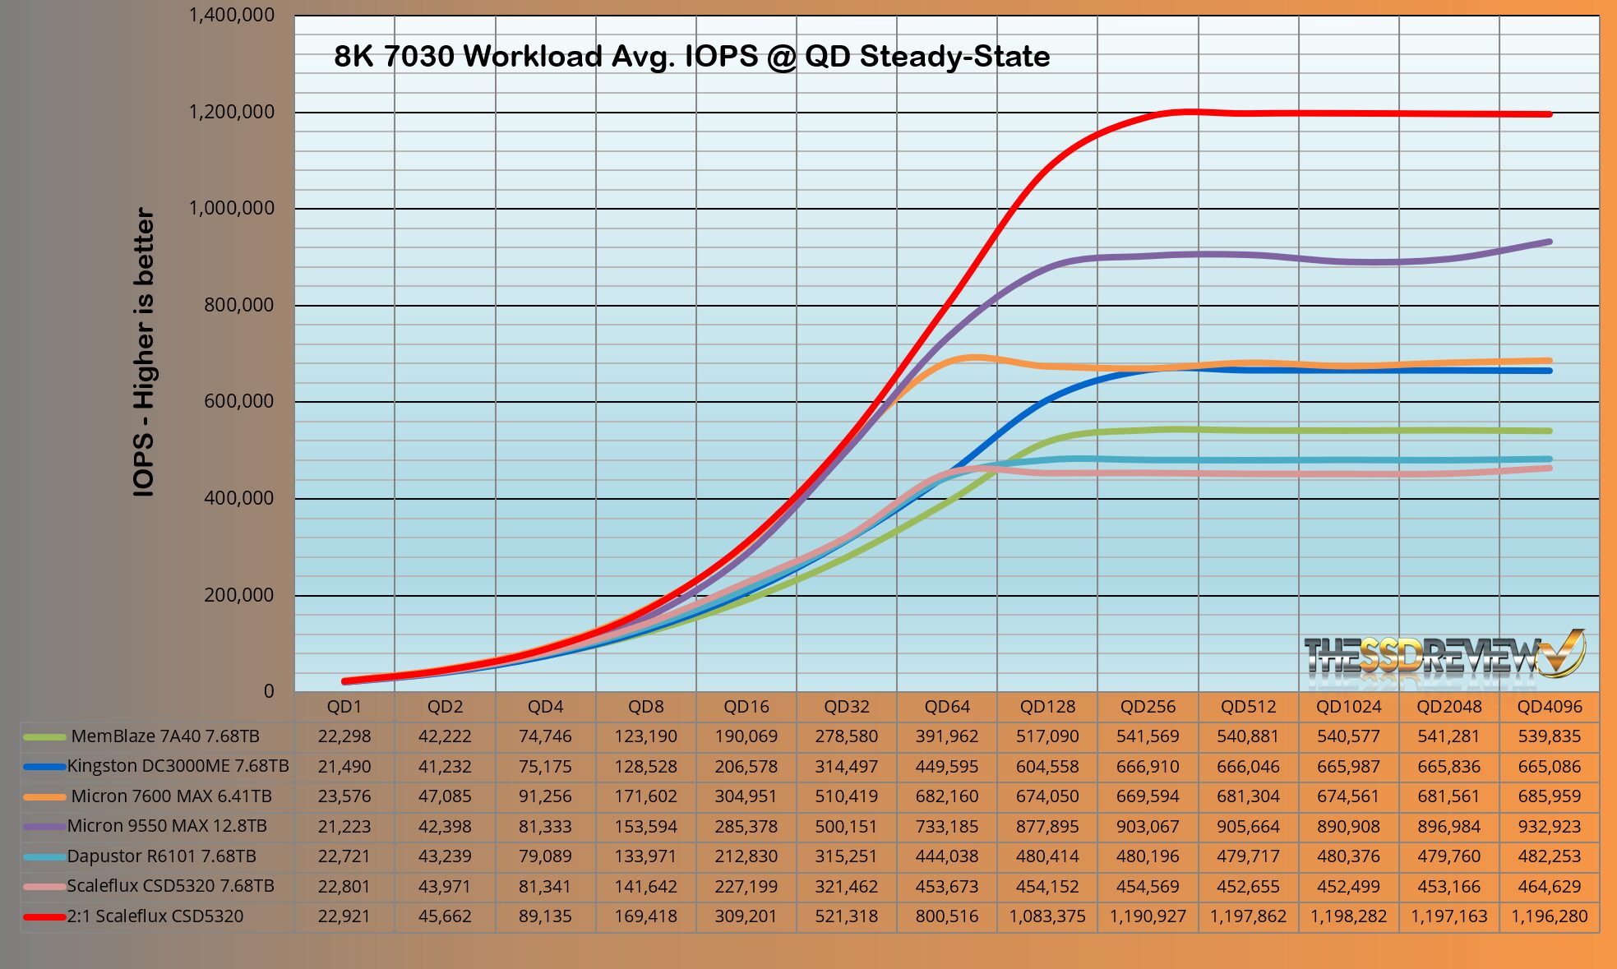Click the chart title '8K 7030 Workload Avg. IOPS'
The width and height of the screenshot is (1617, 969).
click(691, 57)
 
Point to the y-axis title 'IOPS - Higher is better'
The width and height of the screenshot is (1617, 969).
click(144, 352)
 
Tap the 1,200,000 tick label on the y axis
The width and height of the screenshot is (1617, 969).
click(232, 112)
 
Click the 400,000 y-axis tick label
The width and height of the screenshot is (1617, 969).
click(238, 498)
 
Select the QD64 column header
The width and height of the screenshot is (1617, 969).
click(947, 707)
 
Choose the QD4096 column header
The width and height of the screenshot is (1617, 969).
click(1550, 707)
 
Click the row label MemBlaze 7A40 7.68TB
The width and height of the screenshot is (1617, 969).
click(165, 736)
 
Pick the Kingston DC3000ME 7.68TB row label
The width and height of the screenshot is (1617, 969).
click(178, 766)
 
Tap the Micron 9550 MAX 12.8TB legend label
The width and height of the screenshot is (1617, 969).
click(167, 826)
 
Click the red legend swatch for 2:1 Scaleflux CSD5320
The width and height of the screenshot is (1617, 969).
click(44, 916)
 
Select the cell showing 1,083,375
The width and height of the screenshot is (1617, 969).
click(1047, 916)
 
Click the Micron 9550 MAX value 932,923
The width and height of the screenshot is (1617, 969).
click(1550, 826)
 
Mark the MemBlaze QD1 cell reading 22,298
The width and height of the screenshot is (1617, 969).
click(344, 736)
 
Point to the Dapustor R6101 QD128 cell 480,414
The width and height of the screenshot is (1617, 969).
click(1047, 856)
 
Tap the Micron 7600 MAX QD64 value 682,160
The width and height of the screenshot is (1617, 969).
click(947, 796)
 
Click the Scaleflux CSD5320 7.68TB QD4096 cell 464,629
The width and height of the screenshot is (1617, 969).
click(1550, 886)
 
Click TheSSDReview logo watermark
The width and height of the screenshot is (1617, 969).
click(1444, 658)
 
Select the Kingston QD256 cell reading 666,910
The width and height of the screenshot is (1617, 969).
click(1148, 766)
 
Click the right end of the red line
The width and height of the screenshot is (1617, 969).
click(1550, 114)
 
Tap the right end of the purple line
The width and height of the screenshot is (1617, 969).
click(1550, 242)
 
